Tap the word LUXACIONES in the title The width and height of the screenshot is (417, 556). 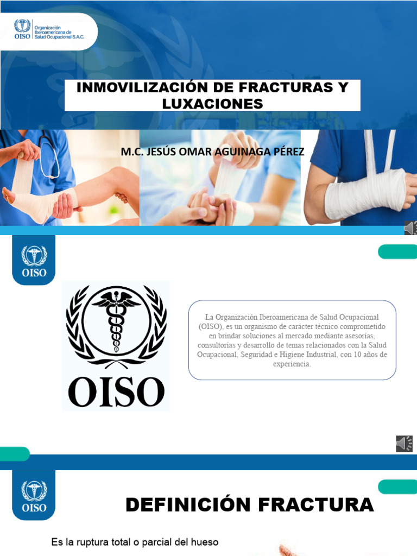(212, 103)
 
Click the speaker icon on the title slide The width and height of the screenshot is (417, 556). (410, 229)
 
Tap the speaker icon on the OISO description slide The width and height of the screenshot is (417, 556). (405, 444)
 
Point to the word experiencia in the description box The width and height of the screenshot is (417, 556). (292, 364)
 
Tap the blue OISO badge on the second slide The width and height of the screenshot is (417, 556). (34, 260)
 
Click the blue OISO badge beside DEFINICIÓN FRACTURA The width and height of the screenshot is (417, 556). (34, 495)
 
